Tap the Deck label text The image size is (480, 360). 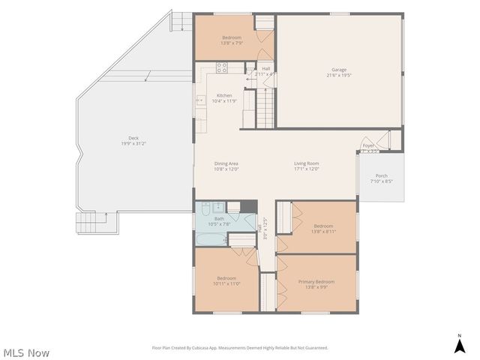click(x=133, y=138)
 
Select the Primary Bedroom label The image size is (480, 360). click(x=316, y=281)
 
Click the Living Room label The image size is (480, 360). click(x=306, y=163)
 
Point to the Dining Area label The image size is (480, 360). click(x=226, y=163)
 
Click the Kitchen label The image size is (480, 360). click(x=224, y=95)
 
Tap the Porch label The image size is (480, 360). click(x=381, y=175)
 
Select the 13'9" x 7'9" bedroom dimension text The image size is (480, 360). click(x=231, y=43)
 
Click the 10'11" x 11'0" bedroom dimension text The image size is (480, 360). click(x=226, y=283)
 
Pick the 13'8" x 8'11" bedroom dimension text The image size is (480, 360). click(x=323, y=232)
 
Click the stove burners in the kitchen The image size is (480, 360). click(x=221, y=68)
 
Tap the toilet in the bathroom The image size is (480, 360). click(x=217, y=208)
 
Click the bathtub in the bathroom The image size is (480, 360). click(x=211, y=238)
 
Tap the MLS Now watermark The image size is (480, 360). click(x=26, y=352)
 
